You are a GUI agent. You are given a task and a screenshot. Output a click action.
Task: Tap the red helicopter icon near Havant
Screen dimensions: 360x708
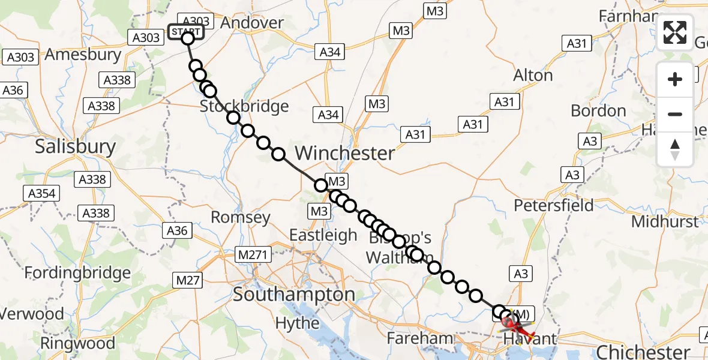click(x=516, y=326)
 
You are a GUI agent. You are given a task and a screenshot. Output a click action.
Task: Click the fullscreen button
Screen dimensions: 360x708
click(x=675, y=32)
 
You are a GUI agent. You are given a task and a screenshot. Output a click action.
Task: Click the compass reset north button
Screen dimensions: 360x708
click(x=675, y=149)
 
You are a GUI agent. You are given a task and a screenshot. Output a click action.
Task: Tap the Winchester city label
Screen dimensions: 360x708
click(x=345, y=153)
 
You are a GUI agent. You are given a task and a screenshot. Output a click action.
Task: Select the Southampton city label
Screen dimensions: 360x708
click(x=294, y=295)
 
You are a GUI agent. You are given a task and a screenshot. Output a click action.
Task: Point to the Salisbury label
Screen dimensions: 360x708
click(x=75, y=146)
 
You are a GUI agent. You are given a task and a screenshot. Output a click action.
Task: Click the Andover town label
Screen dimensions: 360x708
click(x=252, y=23)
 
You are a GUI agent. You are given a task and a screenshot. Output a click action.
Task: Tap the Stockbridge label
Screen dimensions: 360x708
click(x=244, y=107)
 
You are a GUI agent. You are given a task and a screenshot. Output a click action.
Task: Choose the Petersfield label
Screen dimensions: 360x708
click(x=554, y=205)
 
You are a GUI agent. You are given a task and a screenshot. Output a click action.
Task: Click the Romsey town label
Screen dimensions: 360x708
click(x=241, y=217)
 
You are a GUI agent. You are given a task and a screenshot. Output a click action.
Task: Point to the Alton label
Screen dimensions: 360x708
click(x=533, y=76)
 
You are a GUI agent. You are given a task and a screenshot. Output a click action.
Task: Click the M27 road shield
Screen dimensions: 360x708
click(x=188, y=279)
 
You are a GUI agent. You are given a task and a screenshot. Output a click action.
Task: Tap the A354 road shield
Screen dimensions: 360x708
click(x=42, y=193)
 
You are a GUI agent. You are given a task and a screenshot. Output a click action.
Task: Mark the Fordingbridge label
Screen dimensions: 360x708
click(x=77, y=273)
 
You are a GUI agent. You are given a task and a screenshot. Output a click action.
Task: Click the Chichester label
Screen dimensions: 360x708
click(x=644, y=351)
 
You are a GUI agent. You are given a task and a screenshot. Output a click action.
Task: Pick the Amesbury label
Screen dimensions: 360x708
click(x=83, y=54)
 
